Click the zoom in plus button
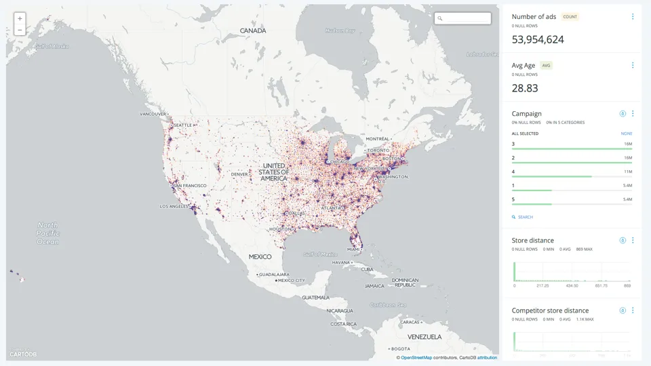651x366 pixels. coord(20,19)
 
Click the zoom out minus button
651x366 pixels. coord(20,30)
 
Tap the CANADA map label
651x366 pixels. coord(253,30)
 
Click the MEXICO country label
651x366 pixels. coord(260,257)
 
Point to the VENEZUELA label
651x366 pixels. coord(425,336)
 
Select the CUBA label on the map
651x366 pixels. coord(367,269)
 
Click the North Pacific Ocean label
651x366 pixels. coord(48,233)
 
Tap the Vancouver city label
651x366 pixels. coord(153,114)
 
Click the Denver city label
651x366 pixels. coord(239,174)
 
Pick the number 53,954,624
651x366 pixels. coord(538,40)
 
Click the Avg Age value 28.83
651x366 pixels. coord(525,88)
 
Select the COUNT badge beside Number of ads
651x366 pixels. coord(570,17)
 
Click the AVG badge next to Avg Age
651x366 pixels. coord(546,66)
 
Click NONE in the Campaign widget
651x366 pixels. coord(627,134)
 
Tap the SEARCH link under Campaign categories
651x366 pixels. coord(525,217)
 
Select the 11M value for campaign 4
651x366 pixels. coord(627,171)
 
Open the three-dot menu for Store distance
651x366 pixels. coord(633,241)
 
